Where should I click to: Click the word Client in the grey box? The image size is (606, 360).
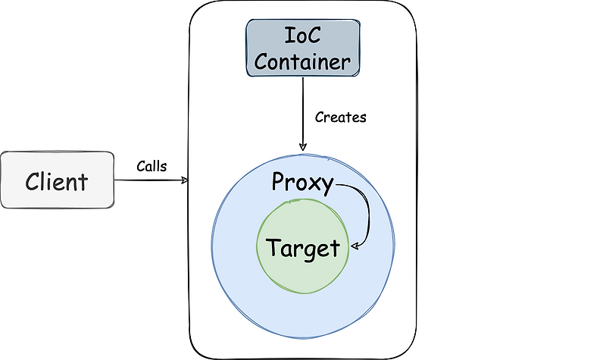[57, 182]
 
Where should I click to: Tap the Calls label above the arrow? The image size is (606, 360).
[151, 165]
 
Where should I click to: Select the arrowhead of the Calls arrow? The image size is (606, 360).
[184, 180]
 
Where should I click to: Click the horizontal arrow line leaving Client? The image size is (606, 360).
[148, 180]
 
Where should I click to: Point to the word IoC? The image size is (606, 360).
[301, 36]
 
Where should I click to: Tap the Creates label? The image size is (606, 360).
[340, 117]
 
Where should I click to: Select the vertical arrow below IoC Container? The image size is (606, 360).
[302, 114]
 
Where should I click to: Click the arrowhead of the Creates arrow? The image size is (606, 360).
[302, 146]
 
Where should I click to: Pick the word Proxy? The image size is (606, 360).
[302, 183]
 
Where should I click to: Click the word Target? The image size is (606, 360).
[302, 247]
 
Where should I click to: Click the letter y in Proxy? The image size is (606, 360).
[326, 186]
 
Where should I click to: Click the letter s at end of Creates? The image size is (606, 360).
[363, 118]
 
